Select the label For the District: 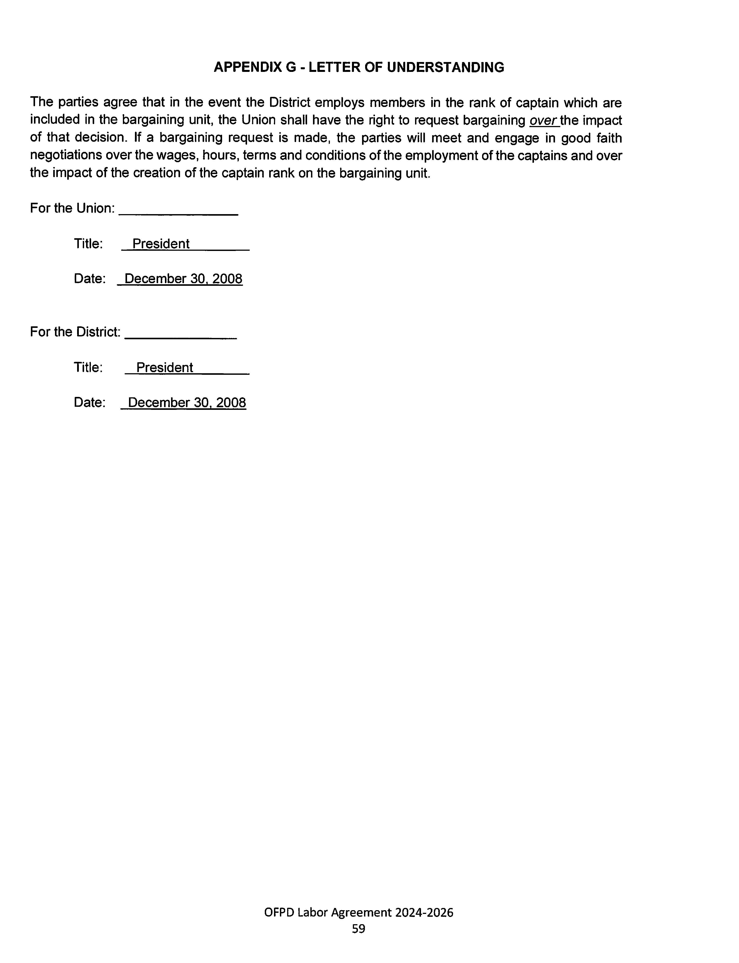click(75, 332)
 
